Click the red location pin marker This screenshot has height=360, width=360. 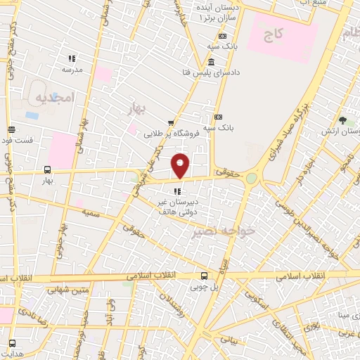(x=181, y=165)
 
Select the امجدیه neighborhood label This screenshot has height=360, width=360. (x=52, y=99)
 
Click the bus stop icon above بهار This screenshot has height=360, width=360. (x=47, y=169)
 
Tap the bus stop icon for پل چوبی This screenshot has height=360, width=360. (x=204, y=276)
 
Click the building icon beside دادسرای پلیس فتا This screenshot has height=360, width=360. (x=212, y=63)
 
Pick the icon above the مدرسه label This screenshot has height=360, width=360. (x=71, y=58)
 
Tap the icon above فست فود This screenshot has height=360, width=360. (x=11, y=129)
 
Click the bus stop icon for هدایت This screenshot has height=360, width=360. (x=12, y=343)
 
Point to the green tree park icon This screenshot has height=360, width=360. (x=342, y=121)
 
